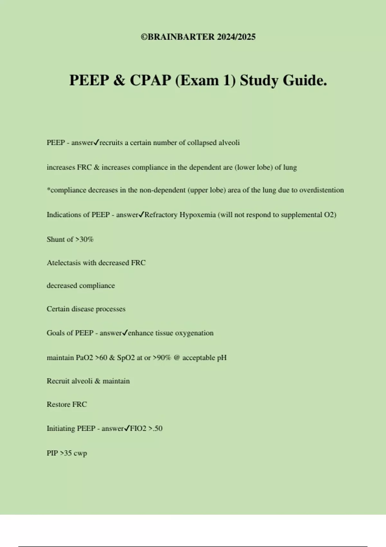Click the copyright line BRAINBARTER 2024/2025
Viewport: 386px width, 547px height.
pos(198,37)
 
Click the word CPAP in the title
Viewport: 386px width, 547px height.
pos(150,80)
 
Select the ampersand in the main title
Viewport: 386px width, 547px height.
pos(119,80)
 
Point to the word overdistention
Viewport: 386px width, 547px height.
pos(321,190)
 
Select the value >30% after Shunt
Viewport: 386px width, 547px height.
pos(84,239)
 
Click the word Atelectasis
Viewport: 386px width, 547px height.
pos(64,263)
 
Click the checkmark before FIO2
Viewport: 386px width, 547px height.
pos(127,428)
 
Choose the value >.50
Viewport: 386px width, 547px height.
pos(155,429)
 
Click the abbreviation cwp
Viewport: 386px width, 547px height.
pos(80,453)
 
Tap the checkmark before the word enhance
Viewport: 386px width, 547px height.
pos(125,333)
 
